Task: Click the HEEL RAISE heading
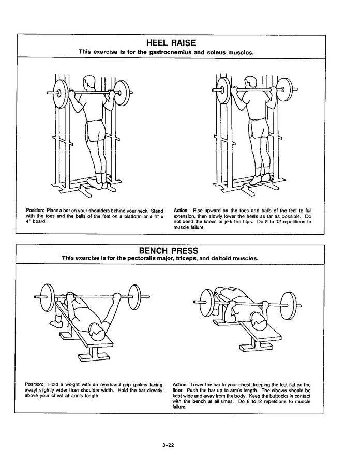171,43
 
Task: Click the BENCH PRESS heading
169,251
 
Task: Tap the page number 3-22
168,445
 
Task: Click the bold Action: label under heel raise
181,211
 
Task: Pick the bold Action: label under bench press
180,385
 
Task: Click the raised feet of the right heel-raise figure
261,178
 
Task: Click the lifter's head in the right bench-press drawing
259,321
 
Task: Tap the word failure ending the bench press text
179,407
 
